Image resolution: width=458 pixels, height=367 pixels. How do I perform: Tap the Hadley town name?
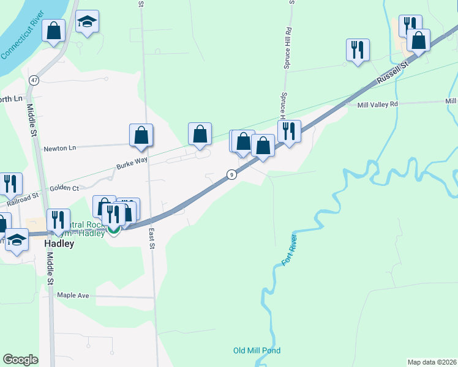click(59, 243)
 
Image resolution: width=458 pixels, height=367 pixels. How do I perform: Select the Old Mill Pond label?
click(257, 350)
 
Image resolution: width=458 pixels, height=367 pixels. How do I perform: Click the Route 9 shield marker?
click(231, 174)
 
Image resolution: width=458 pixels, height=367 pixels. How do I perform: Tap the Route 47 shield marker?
click(34, 80)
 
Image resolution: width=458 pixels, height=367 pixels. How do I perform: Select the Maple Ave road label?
click(73, 295)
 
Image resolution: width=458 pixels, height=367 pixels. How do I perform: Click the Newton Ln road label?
click(59, 148)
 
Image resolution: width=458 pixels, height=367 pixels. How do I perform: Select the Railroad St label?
click(22, 198)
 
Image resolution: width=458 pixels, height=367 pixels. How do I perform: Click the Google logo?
click(20, 360)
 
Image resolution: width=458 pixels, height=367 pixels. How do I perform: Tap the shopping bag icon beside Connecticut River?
click(54, 30)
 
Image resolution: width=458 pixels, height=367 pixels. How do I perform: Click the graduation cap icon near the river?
click(88, 22)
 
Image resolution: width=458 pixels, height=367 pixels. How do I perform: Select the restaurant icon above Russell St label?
click(357, 50)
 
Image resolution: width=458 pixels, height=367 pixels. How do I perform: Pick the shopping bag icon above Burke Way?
click(141, 135)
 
